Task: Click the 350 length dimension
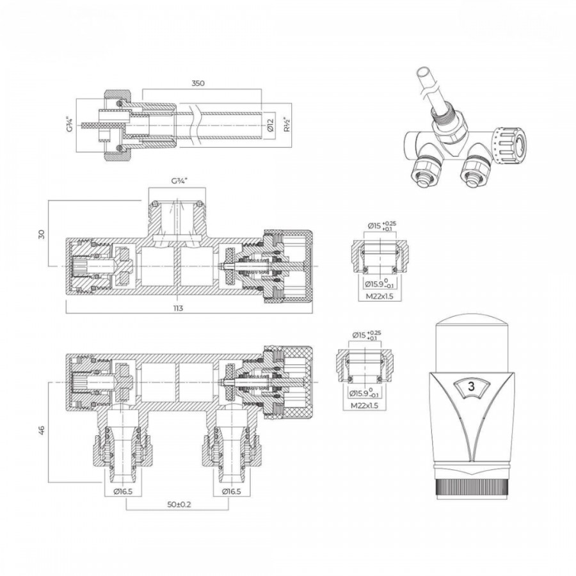(x=198, y=83)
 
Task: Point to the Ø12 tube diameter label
(x=270, y=125)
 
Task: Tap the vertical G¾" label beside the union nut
(x=69, y=125)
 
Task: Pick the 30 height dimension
(x=42, y=234)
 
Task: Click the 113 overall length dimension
(x=178, y=308)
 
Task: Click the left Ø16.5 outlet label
(x=123, y=492)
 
